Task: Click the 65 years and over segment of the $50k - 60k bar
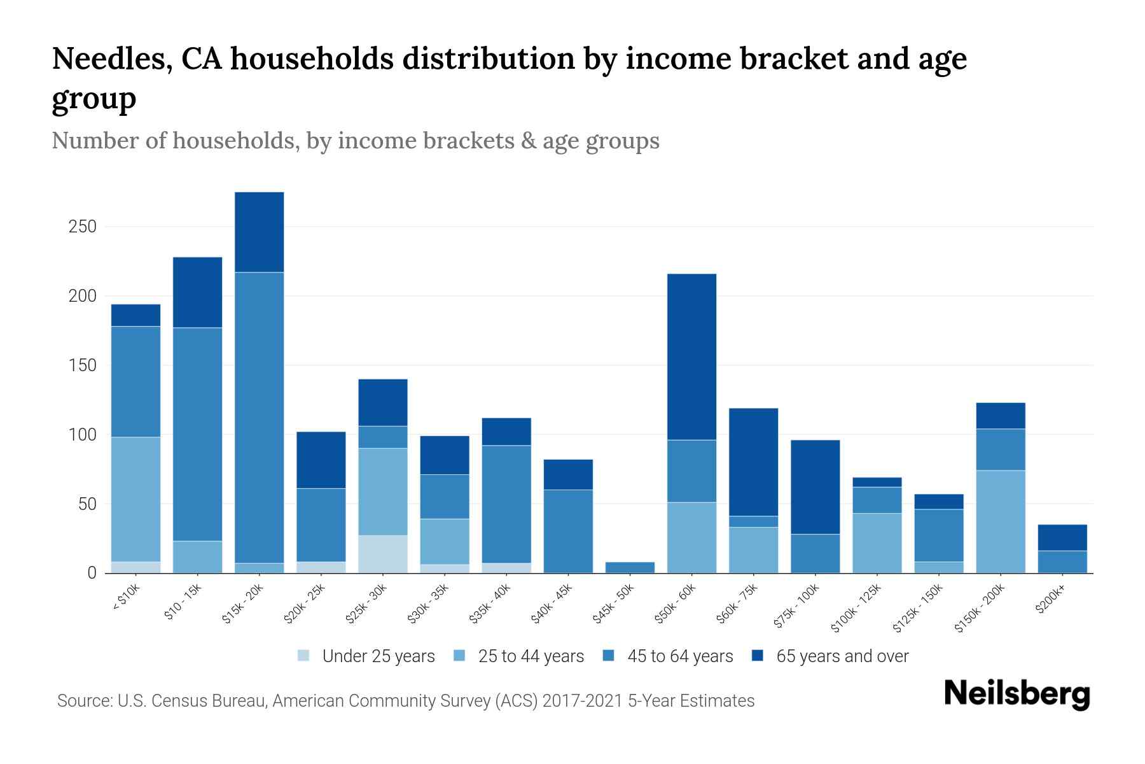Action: click(x=691, y=357)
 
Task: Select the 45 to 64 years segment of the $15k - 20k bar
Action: click(x=259, y=417)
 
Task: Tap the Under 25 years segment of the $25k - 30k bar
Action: click(x=382, y=554)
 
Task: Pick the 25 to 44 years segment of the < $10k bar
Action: click(x=135, y=499)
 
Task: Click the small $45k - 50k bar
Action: click(x=630, y=567)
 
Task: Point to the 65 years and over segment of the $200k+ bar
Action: click(x=1062, y=537)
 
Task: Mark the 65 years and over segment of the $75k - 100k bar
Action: click(x=815, y=487)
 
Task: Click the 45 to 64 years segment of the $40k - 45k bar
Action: click(x=567, y=530)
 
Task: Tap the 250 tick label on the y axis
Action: click(x=82, y=227)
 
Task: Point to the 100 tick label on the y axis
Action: click(x=82, y=435)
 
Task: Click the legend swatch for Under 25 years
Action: click(x=304, y=656)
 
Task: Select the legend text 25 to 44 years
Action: click(x=531, y=656)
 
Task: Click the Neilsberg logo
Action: click(x=1017, y=694)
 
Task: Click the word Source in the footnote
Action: click(x=83, y=701)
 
